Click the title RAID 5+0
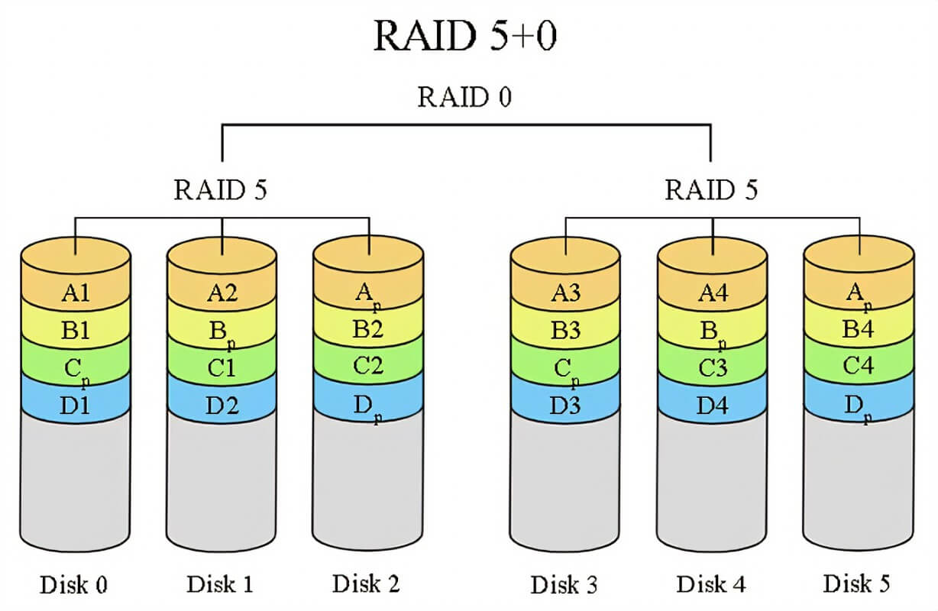pos(464,37)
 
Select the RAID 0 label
pos(464,99)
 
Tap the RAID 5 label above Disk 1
pos(220,189)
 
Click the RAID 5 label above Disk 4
pos(711,189)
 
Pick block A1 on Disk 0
pos(76,293)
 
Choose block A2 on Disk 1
pos(221,293)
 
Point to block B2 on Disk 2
pos(368,330)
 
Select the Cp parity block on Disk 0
pos(76,369)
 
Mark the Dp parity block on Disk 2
pos(368,405)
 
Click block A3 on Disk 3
pos(566,293)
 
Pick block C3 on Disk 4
pos(712,367)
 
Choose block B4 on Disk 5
pos(858,330)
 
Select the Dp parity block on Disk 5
pos(858,405)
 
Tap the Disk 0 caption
pos(73,586)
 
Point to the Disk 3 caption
pos(564,586)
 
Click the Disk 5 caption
pos(857,584)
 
